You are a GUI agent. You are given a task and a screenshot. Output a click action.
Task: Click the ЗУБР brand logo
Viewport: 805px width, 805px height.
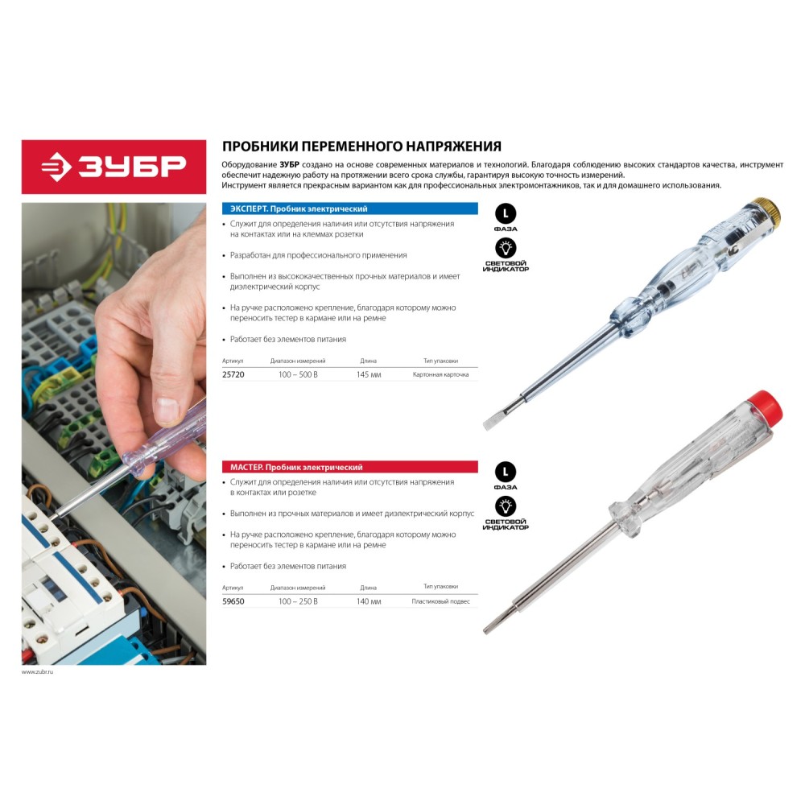114,167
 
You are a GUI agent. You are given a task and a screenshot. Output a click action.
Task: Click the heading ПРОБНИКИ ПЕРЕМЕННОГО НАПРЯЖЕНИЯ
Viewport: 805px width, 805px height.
361,147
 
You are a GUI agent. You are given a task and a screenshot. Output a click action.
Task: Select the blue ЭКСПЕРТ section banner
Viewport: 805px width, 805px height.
349,208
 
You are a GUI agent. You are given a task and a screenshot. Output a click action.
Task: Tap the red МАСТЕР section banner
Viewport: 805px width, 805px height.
349,467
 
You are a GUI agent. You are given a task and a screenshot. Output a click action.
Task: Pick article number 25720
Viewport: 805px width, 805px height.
233,375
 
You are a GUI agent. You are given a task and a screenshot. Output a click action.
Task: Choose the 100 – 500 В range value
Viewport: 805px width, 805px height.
298,375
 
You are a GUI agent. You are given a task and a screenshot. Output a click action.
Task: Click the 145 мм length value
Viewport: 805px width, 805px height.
369,375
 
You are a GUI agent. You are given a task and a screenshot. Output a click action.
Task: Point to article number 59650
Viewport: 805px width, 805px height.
233,601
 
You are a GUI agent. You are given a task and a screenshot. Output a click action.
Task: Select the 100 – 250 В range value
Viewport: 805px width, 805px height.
298,601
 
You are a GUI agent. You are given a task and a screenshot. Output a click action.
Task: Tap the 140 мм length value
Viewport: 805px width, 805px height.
369,601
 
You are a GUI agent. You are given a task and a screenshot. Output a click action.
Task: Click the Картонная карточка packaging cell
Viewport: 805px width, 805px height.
440,375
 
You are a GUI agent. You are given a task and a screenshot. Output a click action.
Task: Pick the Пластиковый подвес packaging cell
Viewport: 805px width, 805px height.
440,601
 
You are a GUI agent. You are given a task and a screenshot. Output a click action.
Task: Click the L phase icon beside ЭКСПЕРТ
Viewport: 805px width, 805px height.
506,213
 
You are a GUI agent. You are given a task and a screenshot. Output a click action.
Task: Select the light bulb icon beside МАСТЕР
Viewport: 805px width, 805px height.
506,506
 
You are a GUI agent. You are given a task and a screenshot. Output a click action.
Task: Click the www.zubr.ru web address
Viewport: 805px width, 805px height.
38,671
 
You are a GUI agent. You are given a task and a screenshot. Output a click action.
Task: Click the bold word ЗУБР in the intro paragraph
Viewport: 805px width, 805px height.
290,165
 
